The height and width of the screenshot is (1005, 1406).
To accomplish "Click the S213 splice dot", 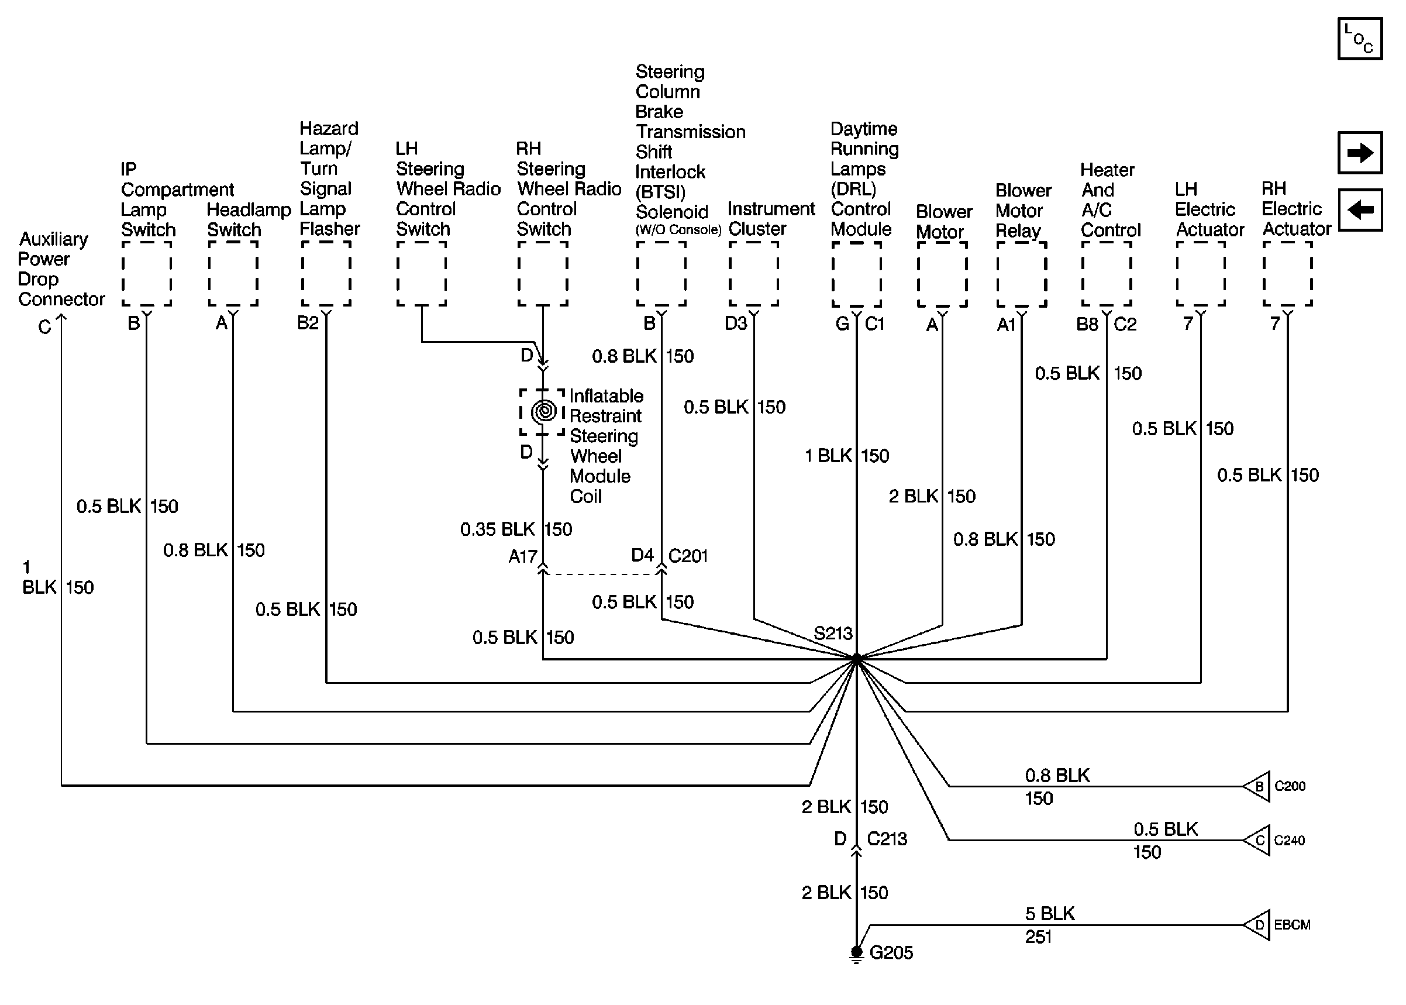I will pos(856,659).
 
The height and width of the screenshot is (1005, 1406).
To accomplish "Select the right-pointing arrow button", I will pos(1360,152).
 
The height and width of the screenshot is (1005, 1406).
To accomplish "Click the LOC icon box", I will pos(1360,39).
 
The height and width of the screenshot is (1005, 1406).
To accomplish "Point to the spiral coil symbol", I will pos(544,411).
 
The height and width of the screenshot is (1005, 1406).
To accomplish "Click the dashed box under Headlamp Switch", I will pos(233,273).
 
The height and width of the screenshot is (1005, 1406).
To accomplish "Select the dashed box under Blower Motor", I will pos(942,274).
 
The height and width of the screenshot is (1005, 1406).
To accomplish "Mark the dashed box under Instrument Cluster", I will pos(753,273).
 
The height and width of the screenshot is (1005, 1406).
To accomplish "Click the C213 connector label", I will pos(887,838).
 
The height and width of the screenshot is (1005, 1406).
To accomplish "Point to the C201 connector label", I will pos(688,556).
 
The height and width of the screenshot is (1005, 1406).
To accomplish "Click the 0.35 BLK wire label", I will pos(497,529).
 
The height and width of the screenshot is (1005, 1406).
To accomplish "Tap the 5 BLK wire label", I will pos(1050,913).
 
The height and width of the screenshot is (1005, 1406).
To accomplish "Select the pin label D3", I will pos(736,323).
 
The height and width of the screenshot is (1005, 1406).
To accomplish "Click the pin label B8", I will pos(1087,324).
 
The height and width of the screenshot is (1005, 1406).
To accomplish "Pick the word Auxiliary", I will pos(54,239).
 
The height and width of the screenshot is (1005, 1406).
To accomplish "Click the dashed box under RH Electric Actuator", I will pos(1287,273).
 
